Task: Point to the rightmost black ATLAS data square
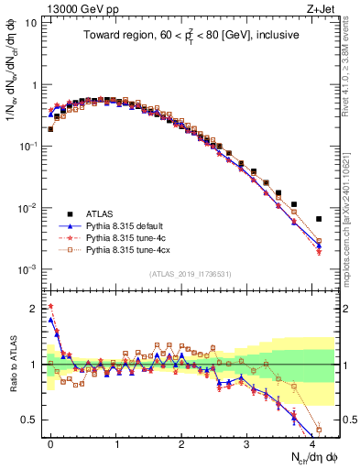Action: coord(319,219)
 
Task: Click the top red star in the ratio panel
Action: coord(50,307)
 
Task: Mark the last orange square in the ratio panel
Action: coord(319,430)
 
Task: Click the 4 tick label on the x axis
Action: coord(312,442)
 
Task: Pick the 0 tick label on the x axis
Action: coord(50,442)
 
